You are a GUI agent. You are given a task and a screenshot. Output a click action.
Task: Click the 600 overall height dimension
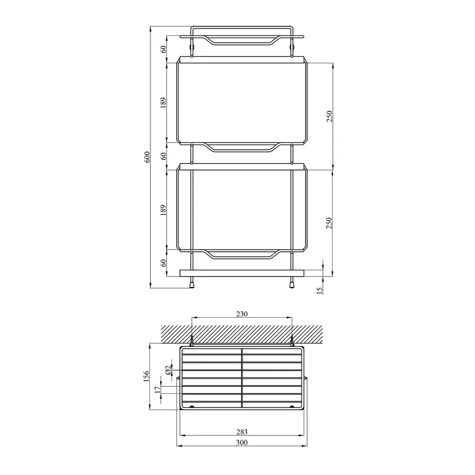148,157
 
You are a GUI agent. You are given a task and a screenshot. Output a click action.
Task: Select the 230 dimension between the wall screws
241,313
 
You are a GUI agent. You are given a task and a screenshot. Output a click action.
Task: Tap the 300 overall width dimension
241,442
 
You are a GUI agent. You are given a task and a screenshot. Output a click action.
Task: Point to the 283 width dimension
241,432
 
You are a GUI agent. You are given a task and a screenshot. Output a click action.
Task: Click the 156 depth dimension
147,376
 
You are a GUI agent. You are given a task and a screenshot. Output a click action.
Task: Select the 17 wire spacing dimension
157,390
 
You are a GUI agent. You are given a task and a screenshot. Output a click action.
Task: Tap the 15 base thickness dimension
319,290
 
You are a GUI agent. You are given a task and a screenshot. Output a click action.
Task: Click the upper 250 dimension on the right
330,116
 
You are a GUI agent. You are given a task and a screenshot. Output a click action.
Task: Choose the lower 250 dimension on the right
330,222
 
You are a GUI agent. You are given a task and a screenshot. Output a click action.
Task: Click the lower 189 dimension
164,210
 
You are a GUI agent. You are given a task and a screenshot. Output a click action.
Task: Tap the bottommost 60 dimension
164,262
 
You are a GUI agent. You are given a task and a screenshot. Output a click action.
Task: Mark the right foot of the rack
291,283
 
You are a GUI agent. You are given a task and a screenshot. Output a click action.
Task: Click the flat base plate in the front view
242,273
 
